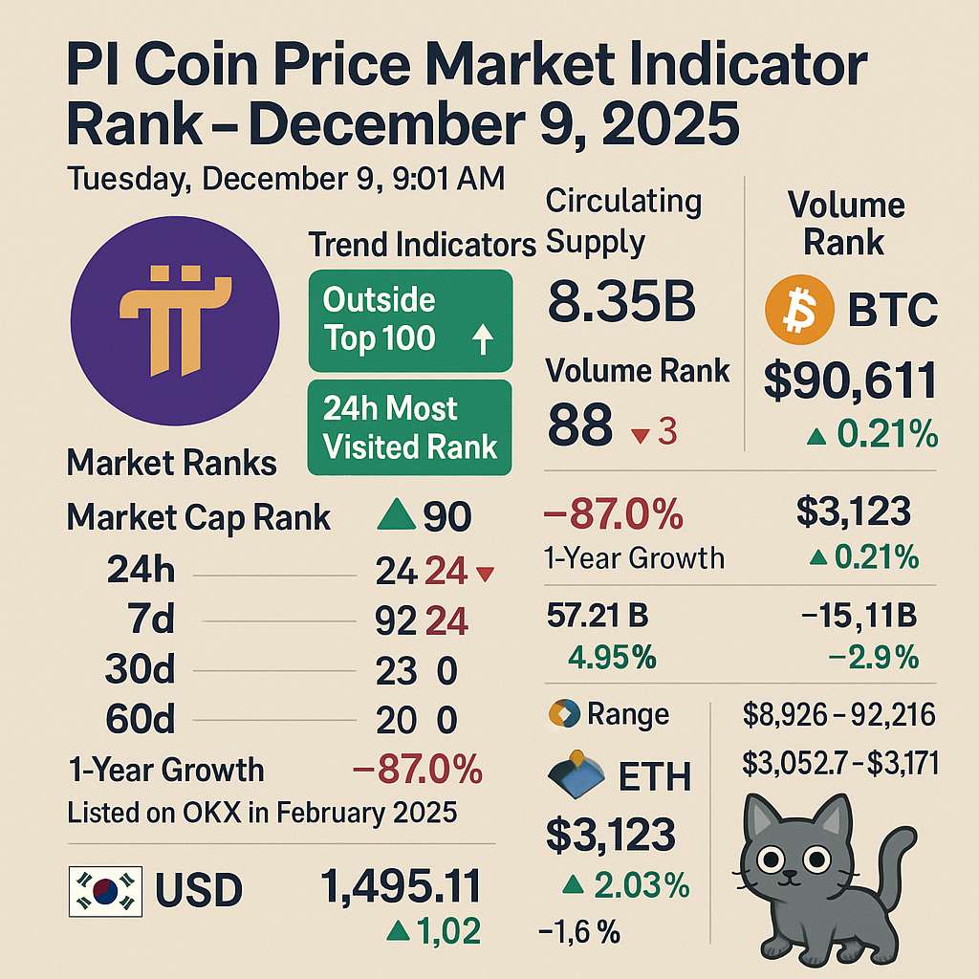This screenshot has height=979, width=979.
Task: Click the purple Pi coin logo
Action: (175, 321)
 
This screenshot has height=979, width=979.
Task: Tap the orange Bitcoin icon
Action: (799, 310)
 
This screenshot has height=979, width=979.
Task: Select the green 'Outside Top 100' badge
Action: (410, 321)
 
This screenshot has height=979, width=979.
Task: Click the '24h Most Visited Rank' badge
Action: (409, 427)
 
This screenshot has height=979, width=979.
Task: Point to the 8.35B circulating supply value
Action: (621, 301)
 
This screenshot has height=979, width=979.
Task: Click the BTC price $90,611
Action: (850, 380)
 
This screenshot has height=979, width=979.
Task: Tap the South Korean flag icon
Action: (105, 891)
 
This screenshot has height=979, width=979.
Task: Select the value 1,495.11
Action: (401, 886)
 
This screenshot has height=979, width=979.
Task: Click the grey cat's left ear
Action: (762, 815)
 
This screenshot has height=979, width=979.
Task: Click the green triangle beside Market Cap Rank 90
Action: (397, 515)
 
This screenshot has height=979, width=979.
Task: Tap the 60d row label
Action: (140, 719)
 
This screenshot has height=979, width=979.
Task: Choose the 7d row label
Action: (150, 620)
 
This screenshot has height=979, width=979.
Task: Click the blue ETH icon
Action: (576, 774)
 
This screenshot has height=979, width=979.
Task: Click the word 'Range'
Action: (628, 714)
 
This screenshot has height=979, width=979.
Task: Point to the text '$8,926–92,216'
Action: (839, 714)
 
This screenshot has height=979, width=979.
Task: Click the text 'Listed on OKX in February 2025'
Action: (262, 813)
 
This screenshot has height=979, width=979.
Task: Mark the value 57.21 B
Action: (598, 616)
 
